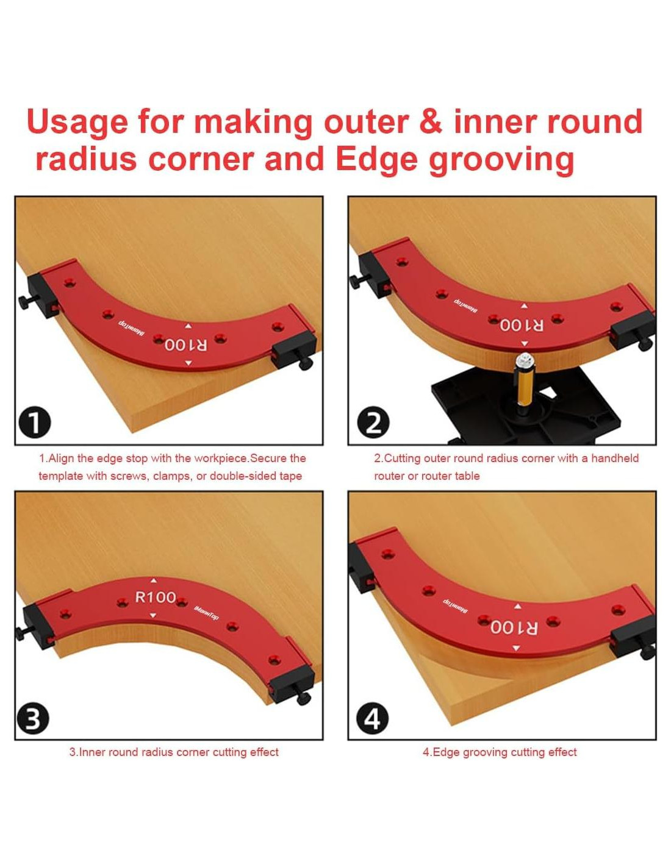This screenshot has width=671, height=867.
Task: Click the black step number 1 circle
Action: (35, 423)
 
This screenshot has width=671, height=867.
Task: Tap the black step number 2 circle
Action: (373, 423)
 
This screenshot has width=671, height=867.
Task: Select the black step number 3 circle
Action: (33, 719)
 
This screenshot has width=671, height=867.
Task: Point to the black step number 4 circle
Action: (373, 719)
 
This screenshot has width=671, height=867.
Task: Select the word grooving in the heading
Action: (501, 160)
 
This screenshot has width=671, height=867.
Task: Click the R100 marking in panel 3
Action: (156, 598)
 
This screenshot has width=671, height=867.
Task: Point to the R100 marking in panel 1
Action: (185, 344)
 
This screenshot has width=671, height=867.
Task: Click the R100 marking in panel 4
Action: (514, 627)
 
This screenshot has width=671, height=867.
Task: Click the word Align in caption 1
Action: (61, 458)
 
